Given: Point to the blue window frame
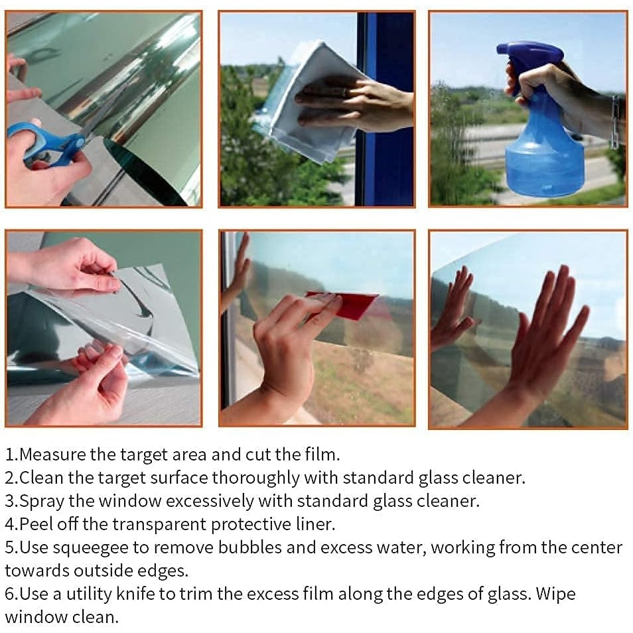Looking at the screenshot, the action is click(386, 109).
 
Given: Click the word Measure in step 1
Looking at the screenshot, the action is click(52, 455).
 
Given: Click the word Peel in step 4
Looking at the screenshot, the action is click(36, 524).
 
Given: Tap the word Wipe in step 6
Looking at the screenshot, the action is click(555, 595).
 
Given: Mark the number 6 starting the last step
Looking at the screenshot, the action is click(10, 595).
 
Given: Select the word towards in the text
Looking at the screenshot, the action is click(37, 571).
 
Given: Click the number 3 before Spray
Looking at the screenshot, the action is click(10, 502).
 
